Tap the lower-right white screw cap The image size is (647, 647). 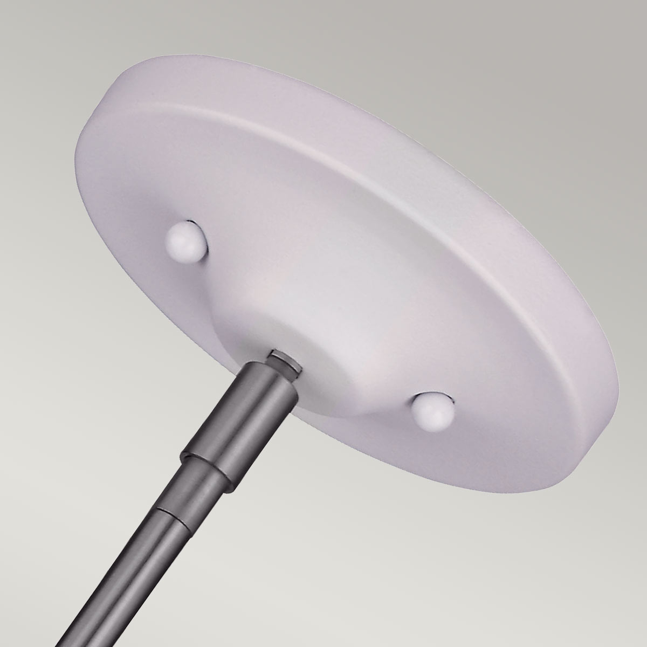tap(433, 410)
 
